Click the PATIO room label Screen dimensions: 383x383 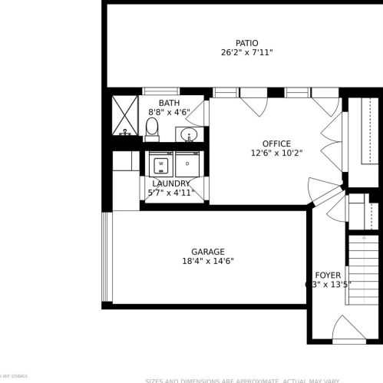[246, 43]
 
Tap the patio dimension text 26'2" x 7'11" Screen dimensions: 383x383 [246, 53]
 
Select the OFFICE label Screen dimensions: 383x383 [276, 144]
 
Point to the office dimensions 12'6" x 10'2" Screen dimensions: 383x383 [276, 153]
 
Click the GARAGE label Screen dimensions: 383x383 [207, 252]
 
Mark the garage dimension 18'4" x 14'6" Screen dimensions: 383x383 [207, 261]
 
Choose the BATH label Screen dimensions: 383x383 [169, 103]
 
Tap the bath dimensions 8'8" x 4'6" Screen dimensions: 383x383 [169, 112]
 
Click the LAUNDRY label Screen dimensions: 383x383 [171, 183]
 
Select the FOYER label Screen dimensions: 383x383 [328, 275]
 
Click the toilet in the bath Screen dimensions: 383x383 [151, 130]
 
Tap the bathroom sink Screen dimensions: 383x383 [188, 136]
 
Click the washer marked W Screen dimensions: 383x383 [161, 163]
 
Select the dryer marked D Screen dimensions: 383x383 [187, 163]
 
